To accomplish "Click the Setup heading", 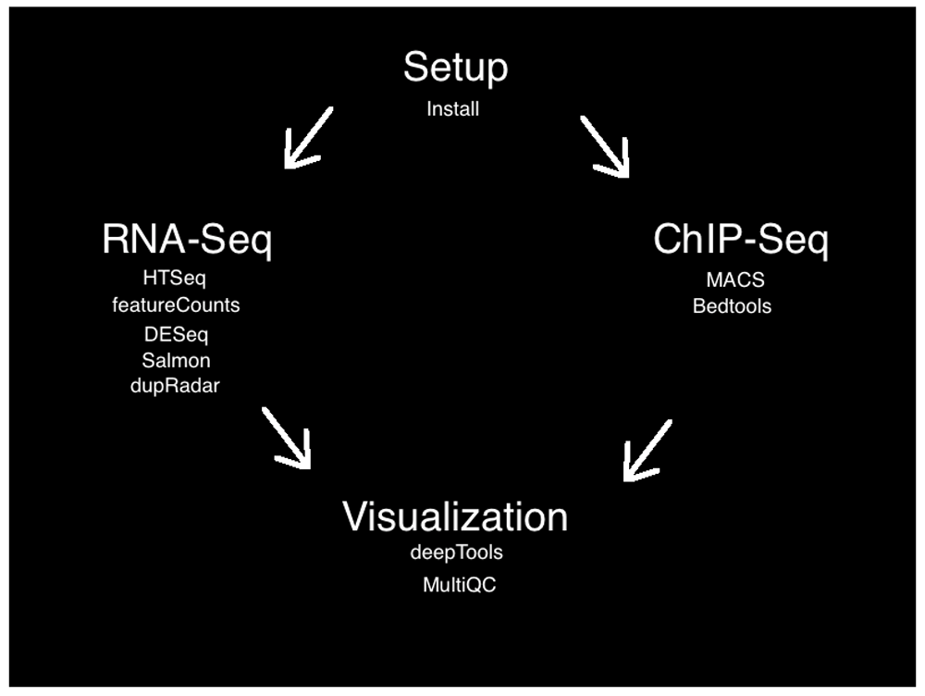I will pos(455,69).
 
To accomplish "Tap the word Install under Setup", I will pos(453,109).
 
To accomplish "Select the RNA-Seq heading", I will pos(187,241).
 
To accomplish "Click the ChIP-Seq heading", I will pos(741,241).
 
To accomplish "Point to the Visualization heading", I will pos(455,516).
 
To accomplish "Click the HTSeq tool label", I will pos(175,278).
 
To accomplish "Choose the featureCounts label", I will pos(176,304).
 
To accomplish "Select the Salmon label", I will pos(176,361).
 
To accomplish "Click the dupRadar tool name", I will pos(176,387).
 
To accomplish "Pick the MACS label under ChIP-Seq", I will pos(735,279).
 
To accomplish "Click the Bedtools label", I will pos(732,306).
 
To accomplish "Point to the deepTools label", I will pos(457,553).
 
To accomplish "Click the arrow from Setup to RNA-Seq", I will pos(307,138).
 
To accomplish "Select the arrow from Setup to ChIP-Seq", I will pos(606,146).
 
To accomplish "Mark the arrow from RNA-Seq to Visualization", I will pos(287,438).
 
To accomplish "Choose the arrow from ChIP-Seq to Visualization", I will pos(647,450).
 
